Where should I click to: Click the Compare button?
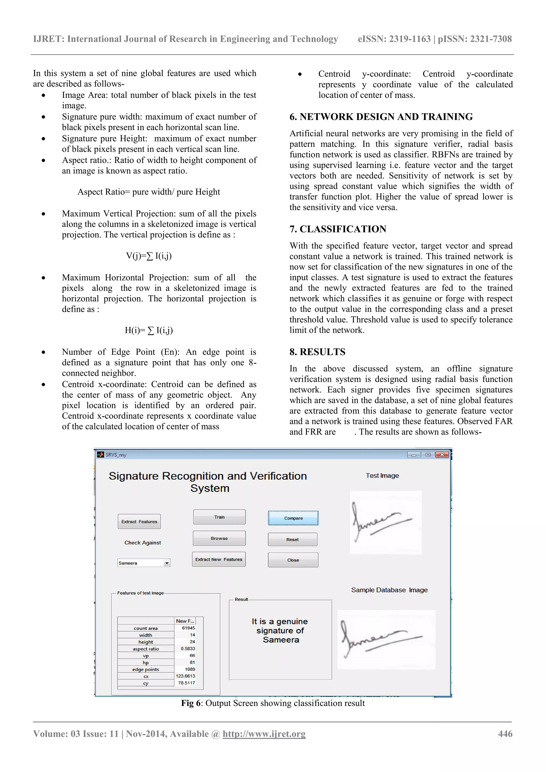pos(293,518)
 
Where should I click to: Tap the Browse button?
pos(219,538)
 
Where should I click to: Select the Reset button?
pos(292,539)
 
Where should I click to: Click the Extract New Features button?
pos(219,559)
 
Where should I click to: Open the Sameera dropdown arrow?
pos(167,563)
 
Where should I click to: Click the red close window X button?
pos(442,455)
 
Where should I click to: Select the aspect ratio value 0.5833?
pos(188,648)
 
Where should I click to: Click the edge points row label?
pos(145,669)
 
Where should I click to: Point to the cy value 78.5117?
pos(186,682)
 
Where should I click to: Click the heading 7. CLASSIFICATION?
pos(338,229)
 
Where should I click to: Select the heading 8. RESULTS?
pos(317,352)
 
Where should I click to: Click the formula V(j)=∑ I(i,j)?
pos(149,256)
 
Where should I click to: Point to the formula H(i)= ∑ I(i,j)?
pos(149,330)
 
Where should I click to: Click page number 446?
pos(505,734)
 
